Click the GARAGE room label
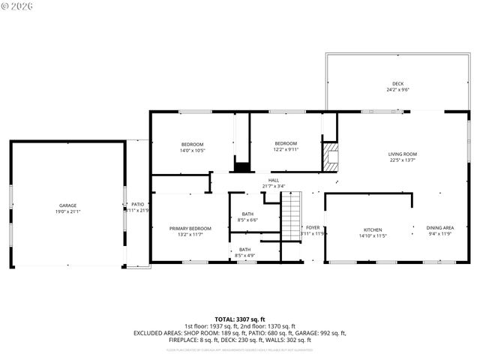pyautogui.click(x=68, y=205)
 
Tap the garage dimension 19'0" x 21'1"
pyautogui.click(x=68, y=211)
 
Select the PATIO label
pyautogui.click(x=137, y=204)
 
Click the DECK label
pyautogui.click(x=397, y=83)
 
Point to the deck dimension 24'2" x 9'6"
pyautogui.click(x=397, y=89)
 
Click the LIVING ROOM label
pyautogui.click(x=403, y=154)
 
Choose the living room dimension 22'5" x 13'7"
pyautogui.click(x=403, y=160)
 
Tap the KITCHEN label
pyautogui.click(x=373, y=229)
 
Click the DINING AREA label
pyautogui.click(x=439, y=228)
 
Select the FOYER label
pyautogui.click(x=313, y=227)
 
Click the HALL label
pyautogui.click(x=274, y=180)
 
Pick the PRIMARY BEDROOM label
pyautogui.click(x=190, y=228)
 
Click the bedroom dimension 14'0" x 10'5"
pyautogui.click(x=192, y=150)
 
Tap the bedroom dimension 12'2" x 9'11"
pyautogui.click(x=286, y=149)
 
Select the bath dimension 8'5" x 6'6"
pyautogui.click(x=247, y=220)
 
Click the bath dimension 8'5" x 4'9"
pyautogui.click(x=245, y=256)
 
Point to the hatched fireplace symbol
pyautogui.click(x=331, y=155)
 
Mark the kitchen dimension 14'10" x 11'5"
pyautogui.click(x=373, y=235)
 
